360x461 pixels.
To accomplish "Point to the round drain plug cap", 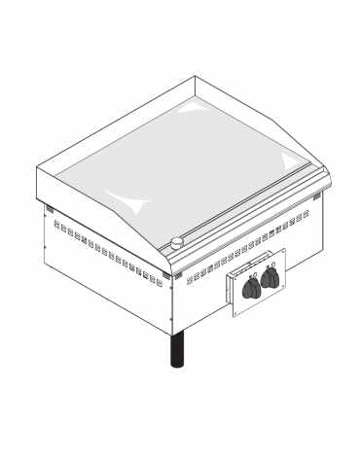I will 177,242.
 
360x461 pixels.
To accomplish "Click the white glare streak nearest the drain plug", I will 136,201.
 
